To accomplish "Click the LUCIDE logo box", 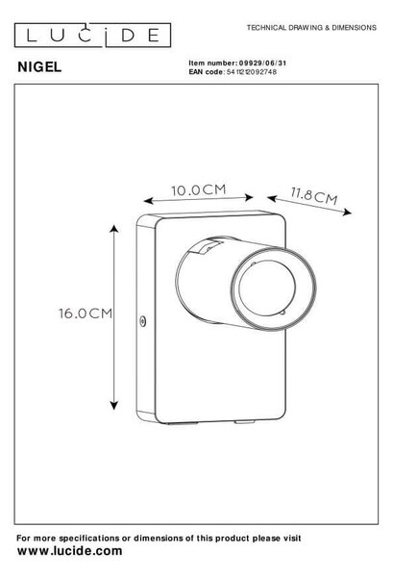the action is tap(92, 36).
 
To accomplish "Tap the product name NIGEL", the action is tap(39, 67).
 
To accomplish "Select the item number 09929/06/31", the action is tap(262, 63).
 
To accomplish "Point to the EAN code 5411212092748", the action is tap(252, 72).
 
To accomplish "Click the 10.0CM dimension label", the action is tap(199, 189).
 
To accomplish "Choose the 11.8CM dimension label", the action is tap(314, 196).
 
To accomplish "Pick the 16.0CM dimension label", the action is tap(86, 314).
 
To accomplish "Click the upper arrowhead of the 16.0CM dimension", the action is tap(114, 229).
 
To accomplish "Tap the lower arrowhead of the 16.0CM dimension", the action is tap(114, 406).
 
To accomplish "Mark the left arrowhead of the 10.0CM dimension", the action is tap(148, 201).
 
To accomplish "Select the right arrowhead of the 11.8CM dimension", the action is tap(347, 213).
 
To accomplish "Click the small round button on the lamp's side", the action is tap(143, 321).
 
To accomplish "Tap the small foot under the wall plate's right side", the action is tap(244, 422).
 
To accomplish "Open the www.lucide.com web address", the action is tap(70, 551).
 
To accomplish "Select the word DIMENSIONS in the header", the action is tap(355, 28).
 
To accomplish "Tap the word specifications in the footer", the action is tap(89, 539).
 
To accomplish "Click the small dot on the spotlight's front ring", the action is tap(253, 263).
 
